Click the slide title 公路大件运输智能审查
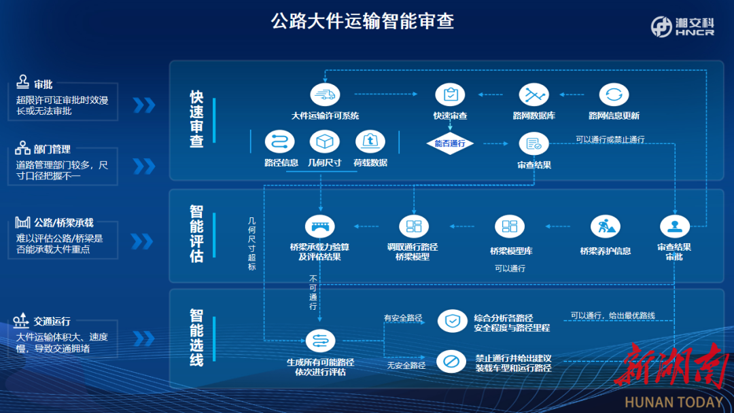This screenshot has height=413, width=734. click(x=362, y=21)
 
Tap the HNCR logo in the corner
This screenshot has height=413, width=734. click(x=682, y=26)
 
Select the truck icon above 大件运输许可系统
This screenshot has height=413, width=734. click(x=324, y=94)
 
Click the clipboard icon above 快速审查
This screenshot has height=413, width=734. click(x=450, y=94)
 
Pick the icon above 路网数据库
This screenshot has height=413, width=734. click(x=534, y=94)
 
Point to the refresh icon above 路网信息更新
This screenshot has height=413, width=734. click(x=614, y=94)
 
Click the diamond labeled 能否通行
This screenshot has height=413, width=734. click(x=449, y=144)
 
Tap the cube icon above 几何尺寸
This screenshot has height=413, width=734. click(x=324, y=142)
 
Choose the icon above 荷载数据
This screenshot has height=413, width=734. click(x=370, y=142)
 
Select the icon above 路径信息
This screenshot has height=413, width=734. click(x=281, y=142)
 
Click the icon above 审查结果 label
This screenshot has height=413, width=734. click(x=534, y=144)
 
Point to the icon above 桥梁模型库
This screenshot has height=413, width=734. click(x=509, y=227)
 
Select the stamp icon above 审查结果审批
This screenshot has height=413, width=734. click(x=674, y=227)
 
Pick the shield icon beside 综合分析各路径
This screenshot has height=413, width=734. click(x=452, y=321)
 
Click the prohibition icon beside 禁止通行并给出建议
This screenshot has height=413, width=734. click(x=452, y=361)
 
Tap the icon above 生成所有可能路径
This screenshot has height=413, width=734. click(x=319, y=341)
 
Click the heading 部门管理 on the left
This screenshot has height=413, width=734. click(x=52, y=149)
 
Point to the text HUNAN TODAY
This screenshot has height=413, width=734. click(x=674, y=402)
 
